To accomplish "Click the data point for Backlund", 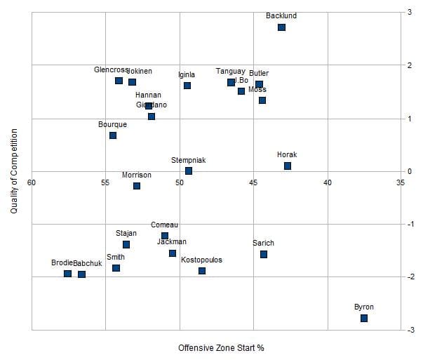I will (x=281, y=27).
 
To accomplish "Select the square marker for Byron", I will (x=364, y=319).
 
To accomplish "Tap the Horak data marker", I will (x=288, y=166).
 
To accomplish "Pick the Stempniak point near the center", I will (x=189, y=171).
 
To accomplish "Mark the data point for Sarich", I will (x=264, y=254).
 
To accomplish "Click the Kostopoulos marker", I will (x=202, y=271).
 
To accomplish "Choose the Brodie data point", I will (x=67, y=274).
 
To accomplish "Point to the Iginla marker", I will (x=187, y=86).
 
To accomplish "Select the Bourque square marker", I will (x=113, y=135).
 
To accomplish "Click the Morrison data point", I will (x=137, y=186).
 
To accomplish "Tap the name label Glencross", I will (x=111, y=70).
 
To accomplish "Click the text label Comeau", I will (x=165, y=225).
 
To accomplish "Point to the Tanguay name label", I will (x=230, y=72).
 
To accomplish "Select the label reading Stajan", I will (x=126, y=233).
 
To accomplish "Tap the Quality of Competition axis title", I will (x=13, y=171).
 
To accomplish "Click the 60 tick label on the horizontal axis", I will (x=32, y=182).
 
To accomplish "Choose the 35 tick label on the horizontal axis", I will (x=401, y=182).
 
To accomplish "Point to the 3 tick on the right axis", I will (x=410, y=13).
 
